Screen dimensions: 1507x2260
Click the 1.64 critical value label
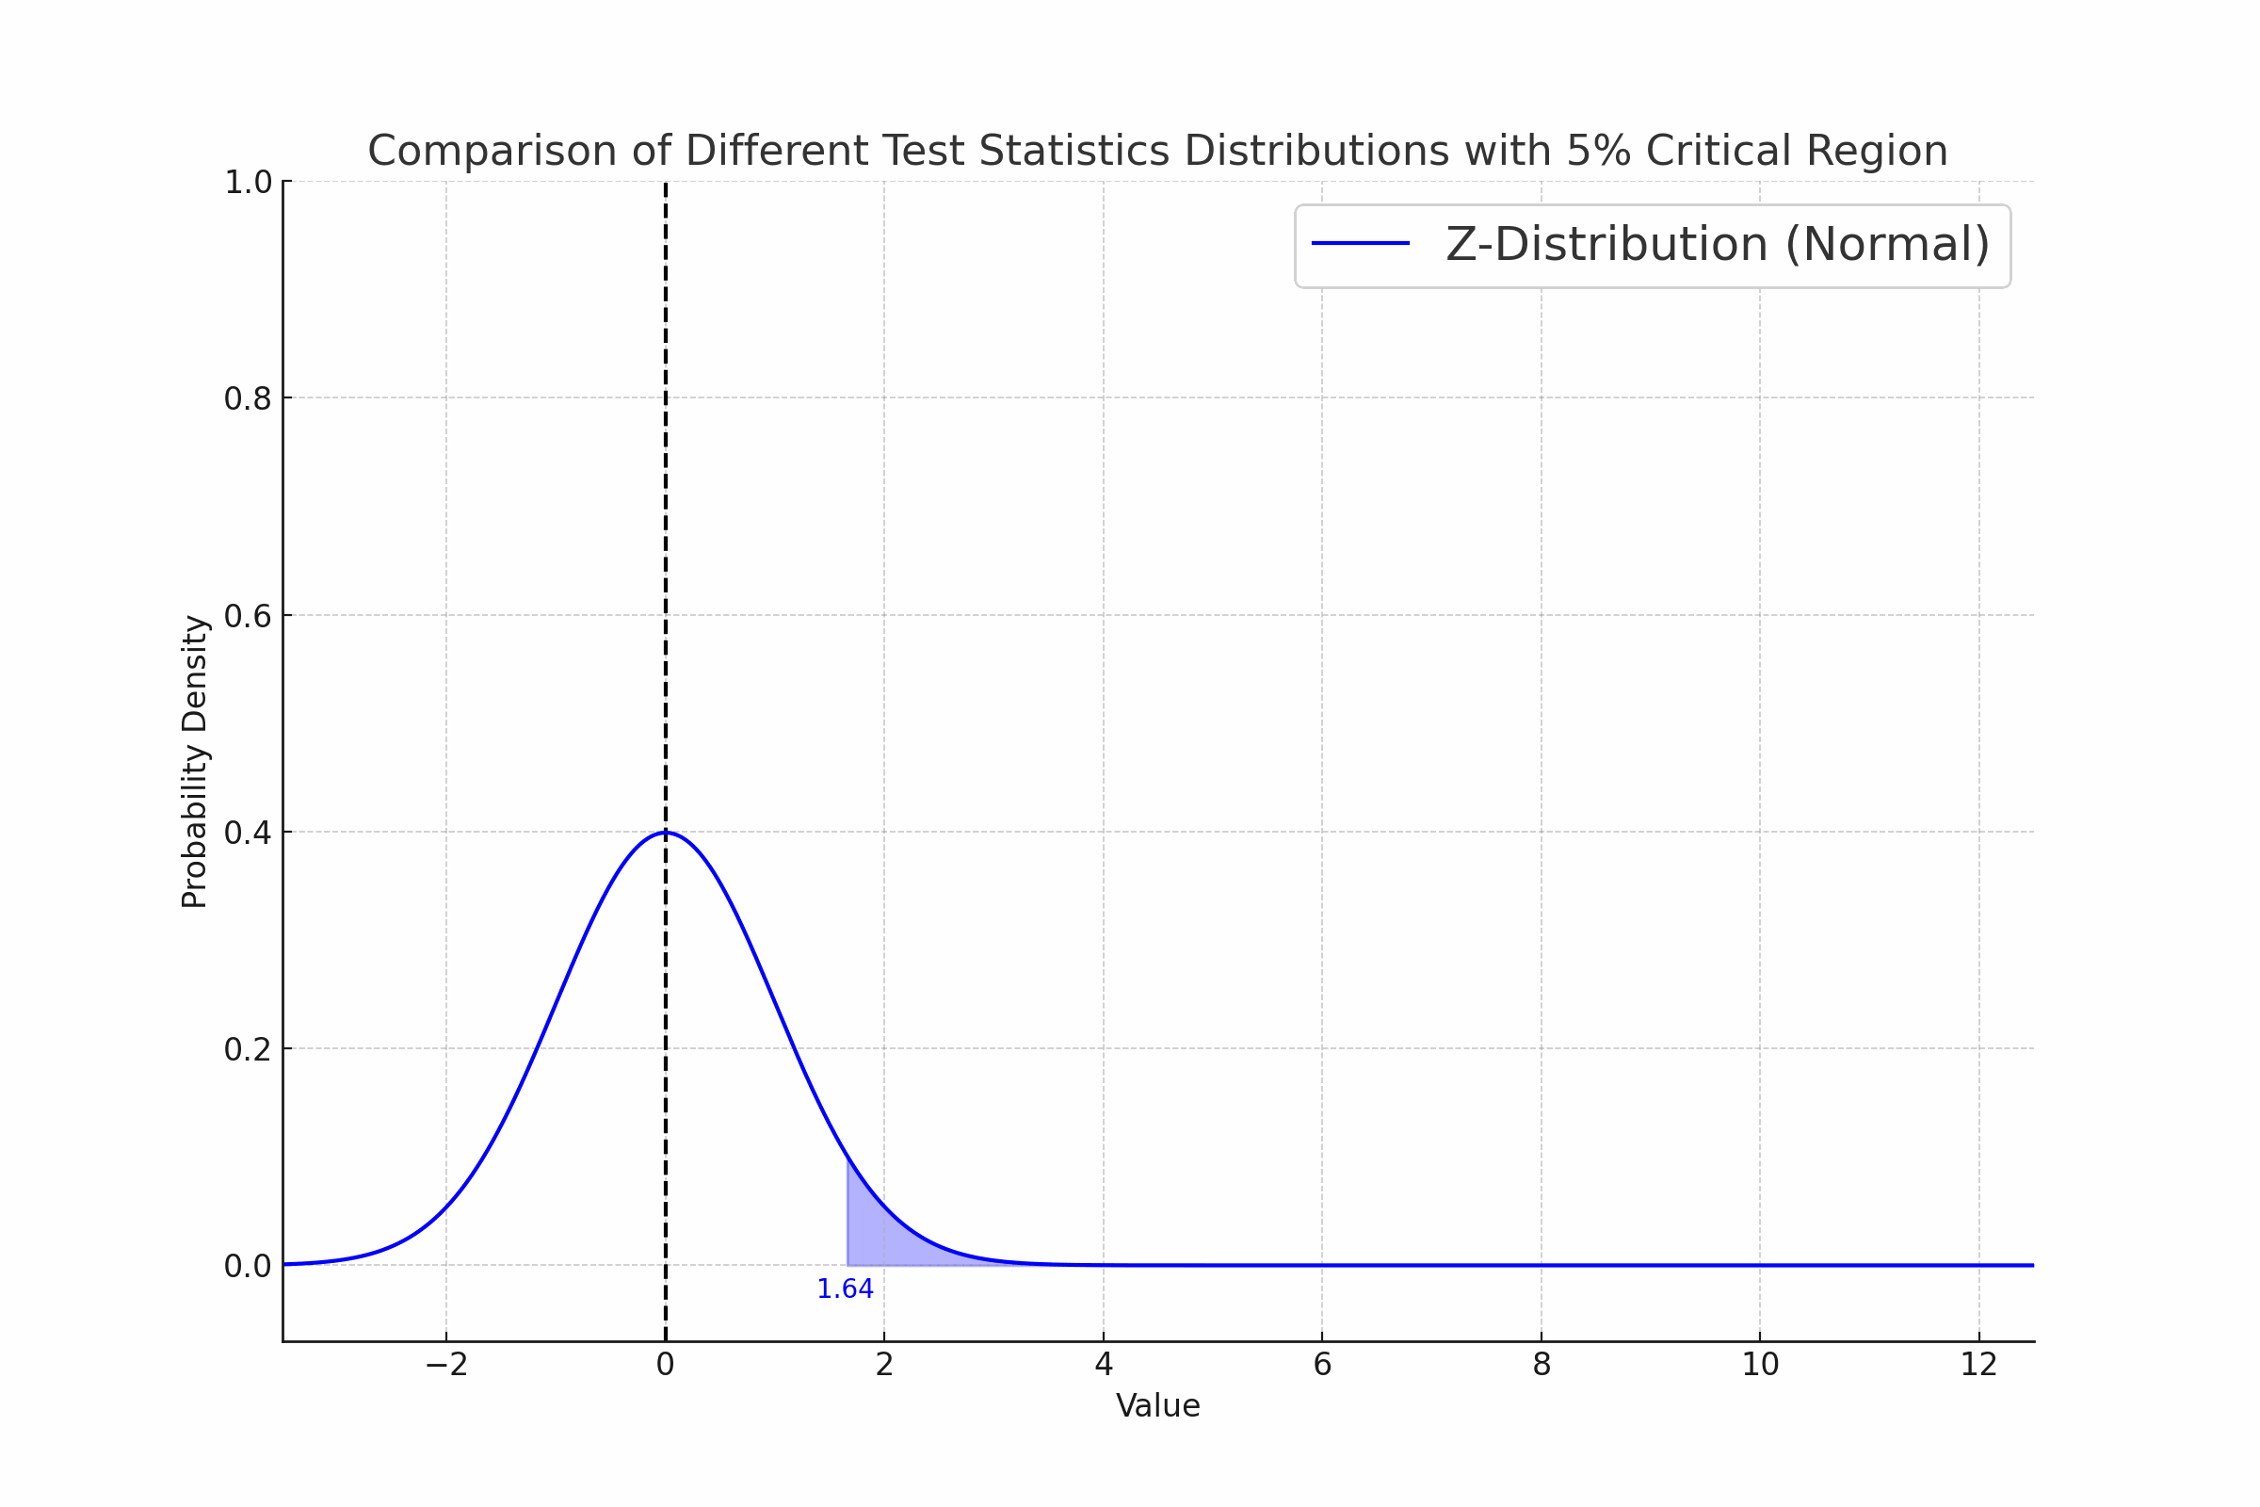845,1289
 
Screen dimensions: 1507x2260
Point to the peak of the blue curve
665,833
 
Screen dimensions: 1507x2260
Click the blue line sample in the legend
1360,244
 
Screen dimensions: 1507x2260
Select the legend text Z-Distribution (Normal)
1717,244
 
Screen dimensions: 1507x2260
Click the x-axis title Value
1158,1406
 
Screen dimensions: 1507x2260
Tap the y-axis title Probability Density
195,761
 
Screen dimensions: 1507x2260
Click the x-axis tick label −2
445,1365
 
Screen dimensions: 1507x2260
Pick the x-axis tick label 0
665,1365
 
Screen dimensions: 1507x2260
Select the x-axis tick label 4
1103,1365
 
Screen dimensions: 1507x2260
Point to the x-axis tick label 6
1322,1365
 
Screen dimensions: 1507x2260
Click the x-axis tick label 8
1542,1365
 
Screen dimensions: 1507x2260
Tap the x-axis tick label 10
1760,1365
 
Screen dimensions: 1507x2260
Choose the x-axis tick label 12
1978,1365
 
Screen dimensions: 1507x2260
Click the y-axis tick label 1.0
248,183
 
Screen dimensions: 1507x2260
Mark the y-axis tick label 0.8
248,398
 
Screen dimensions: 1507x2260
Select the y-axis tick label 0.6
248,616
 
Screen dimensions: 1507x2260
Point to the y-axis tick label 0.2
248,1049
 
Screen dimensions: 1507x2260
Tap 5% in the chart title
1599,152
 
